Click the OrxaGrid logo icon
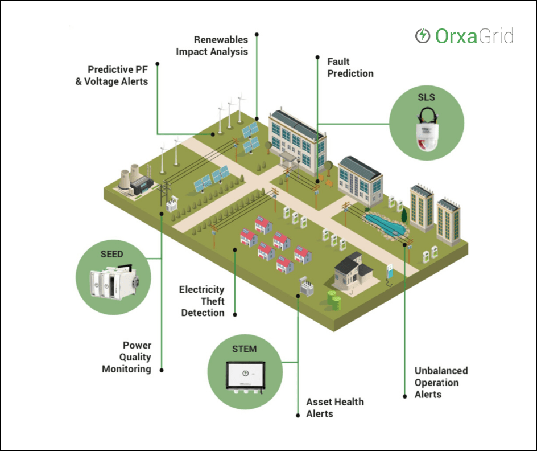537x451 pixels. click(423, 36)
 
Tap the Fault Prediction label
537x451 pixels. click(350, 67)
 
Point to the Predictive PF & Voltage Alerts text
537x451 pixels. click(118, 75)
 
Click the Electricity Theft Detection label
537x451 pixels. click(202, 301)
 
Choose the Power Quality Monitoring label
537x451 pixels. click(126, 357)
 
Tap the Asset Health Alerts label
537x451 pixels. click(334, 408)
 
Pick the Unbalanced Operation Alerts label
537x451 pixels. click(441, 382)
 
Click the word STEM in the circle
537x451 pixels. click(244, 349)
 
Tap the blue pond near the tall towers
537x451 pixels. click(386, 224)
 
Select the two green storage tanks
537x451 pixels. click(333, 298)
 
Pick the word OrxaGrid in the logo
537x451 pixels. click(474, 36)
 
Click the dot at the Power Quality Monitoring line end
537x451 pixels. click(162, 370)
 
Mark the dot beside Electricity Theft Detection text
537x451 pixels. click(234, 313)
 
